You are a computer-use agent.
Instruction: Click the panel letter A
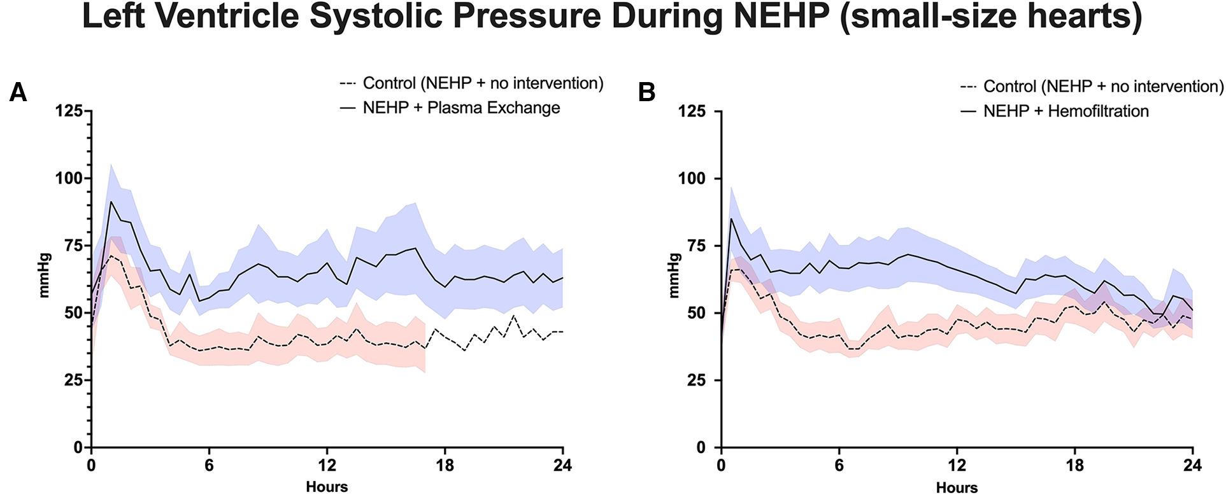(18, 93)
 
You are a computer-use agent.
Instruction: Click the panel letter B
(646, 93)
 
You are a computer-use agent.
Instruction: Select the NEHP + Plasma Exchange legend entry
(460, 108)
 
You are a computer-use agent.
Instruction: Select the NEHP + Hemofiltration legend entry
(1066, 111)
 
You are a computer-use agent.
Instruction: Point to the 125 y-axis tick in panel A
(69, 111)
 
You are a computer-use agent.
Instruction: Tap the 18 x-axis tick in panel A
(445, 466)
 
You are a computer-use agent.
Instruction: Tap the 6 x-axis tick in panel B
(839, 466)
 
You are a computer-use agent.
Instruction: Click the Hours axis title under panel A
(327, 487)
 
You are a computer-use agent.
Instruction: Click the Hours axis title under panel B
(957, 487)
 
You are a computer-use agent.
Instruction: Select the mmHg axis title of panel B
(674, 275)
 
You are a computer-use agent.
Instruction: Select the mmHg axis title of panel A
(44, 275)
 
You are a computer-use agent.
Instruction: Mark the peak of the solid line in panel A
(111, 202)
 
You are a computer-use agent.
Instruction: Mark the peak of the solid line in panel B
(731, 219)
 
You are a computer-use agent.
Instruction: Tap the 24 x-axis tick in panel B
(1192, 466)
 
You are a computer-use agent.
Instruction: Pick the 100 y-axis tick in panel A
(69, 179)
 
